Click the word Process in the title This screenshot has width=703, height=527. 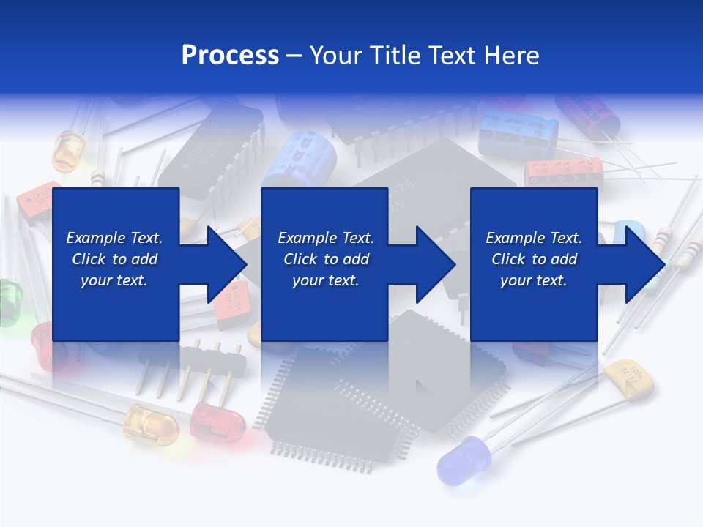(230, 56)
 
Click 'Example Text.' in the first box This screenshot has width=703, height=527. (114, 238)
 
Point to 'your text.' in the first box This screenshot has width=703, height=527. (114, 280)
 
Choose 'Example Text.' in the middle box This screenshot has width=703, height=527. (326, 238)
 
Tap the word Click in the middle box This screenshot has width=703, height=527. (301, 259)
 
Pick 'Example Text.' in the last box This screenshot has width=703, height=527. (534, 238)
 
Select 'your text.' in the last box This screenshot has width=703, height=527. (534, 280)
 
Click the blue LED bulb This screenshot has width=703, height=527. (460, 459)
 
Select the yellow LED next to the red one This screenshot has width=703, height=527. (152, 423)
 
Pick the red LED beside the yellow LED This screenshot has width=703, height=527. (217, 422)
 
